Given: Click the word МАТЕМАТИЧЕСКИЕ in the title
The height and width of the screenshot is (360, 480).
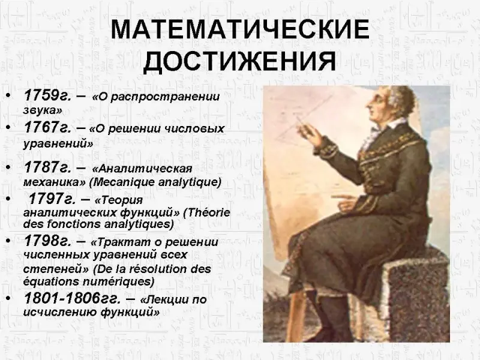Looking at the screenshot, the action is tap(240, 29).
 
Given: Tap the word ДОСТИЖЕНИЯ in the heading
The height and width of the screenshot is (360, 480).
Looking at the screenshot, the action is tap(240, 61).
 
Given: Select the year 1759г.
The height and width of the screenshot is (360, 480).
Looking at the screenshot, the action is tap(47, 95).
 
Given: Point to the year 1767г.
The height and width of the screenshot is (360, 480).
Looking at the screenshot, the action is tap(47, 127).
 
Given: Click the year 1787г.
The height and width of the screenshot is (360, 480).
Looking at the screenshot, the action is tap(47, 167).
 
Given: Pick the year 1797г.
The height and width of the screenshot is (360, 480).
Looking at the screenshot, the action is tap(52, 199).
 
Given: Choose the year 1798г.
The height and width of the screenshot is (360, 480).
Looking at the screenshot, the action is tap(47, 241).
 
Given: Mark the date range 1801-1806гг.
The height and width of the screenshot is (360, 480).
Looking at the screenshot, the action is tap(72, 298).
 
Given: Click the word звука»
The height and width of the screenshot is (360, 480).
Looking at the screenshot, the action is tap(43, 110).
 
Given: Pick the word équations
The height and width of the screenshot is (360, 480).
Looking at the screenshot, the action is tap(51, 281).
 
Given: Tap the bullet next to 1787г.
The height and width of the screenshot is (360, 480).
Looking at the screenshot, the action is tap(8, 168).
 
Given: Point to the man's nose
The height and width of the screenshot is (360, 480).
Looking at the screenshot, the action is tap(368, 104).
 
